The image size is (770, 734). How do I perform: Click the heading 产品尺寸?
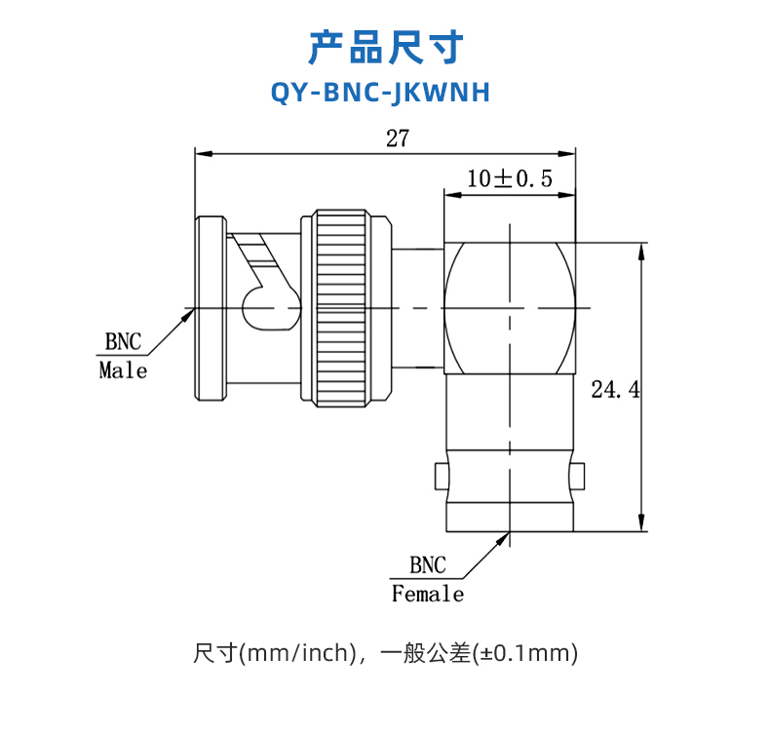point(385,46)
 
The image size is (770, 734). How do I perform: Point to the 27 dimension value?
point(397,138)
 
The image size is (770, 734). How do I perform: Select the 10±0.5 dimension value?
point(509,178)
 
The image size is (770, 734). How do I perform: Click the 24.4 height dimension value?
point(615,390)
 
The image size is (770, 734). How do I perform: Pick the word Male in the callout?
point(123,370)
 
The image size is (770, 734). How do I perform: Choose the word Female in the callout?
point(428,594)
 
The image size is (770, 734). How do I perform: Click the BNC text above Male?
point(123,342)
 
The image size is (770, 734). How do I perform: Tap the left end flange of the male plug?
point(210,308)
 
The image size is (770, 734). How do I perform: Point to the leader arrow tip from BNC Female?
point(506,535)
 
